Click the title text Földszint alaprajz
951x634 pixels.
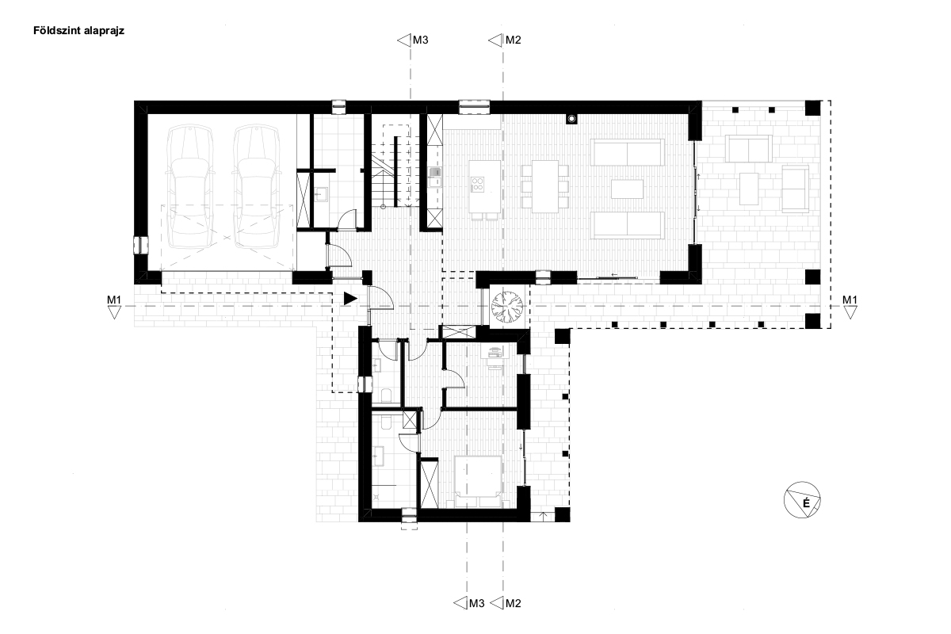click(x=78, y=31)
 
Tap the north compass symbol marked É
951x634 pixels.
click(x=801, y=500)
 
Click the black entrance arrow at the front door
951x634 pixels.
click(x=350, y=299)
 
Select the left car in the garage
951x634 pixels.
click(x=189, y=186)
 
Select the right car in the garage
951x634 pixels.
click(x=257, y=186)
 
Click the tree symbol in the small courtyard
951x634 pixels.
click(x=507, y=306)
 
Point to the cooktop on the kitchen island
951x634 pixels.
click(x=478, y=184)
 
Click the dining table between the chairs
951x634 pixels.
click(x=545, y=186)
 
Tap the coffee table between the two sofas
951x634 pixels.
click(x=627, y=189)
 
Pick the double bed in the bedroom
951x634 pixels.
click(x=477, y=482)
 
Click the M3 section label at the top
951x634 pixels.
click(x=420, y=40)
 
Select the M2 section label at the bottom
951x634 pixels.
click(x=513, y=603)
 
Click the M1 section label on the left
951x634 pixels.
click(x=114, y=300)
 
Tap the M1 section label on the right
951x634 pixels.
click(x=850, y=300)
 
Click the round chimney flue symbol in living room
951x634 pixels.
click(x=571, y=119)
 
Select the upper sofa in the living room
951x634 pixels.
click(x=627, y=152)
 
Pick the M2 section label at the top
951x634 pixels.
click(x=513, y=40)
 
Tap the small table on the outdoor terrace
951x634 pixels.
click(x=749, y=189)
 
